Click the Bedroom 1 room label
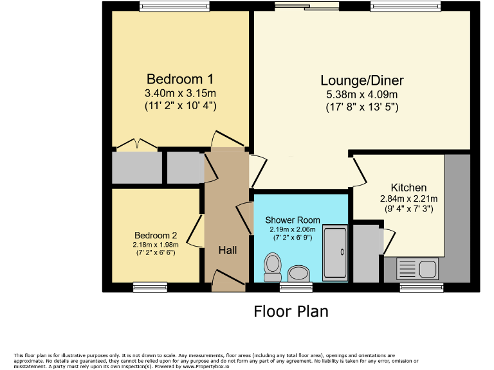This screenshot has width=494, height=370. coord(180,79)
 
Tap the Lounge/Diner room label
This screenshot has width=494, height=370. coord(362,80)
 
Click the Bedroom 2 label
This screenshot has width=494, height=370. coord(156,235)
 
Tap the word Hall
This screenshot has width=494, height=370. coord(227,250)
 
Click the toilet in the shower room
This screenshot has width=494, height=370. coord(273,265)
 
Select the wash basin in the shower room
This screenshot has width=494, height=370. coord(298,274)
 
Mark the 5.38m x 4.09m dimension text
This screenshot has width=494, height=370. coord(362,95)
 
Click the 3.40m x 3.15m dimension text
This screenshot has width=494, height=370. coord(180,94)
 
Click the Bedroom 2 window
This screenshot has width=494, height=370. coord(150,287)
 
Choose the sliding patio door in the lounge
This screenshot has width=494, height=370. coord(306,6)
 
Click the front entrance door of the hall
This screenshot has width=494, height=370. coord(228,280)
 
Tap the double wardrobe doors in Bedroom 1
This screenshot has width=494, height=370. coord(137,145)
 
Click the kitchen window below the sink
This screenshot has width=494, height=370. coord(421,287)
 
